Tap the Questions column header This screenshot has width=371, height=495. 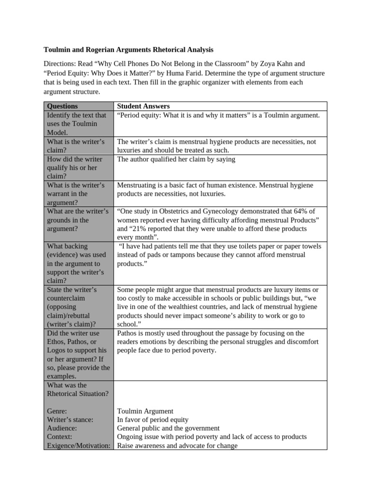point(62,106)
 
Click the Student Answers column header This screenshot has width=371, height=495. point(143,106)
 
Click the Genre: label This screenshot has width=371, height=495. point(57,411)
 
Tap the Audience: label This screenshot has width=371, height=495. point(62,428)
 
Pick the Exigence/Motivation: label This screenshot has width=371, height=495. point(78,446)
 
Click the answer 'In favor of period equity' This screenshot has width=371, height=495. point(153,420)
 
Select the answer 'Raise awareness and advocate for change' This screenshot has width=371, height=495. point(177,446)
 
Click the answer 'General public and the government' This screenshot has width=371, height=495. point(168,428)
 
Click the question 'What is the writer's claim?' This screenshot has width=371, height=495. point(75,146)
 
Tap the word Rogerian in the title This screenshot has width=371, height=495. point(104,50)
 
